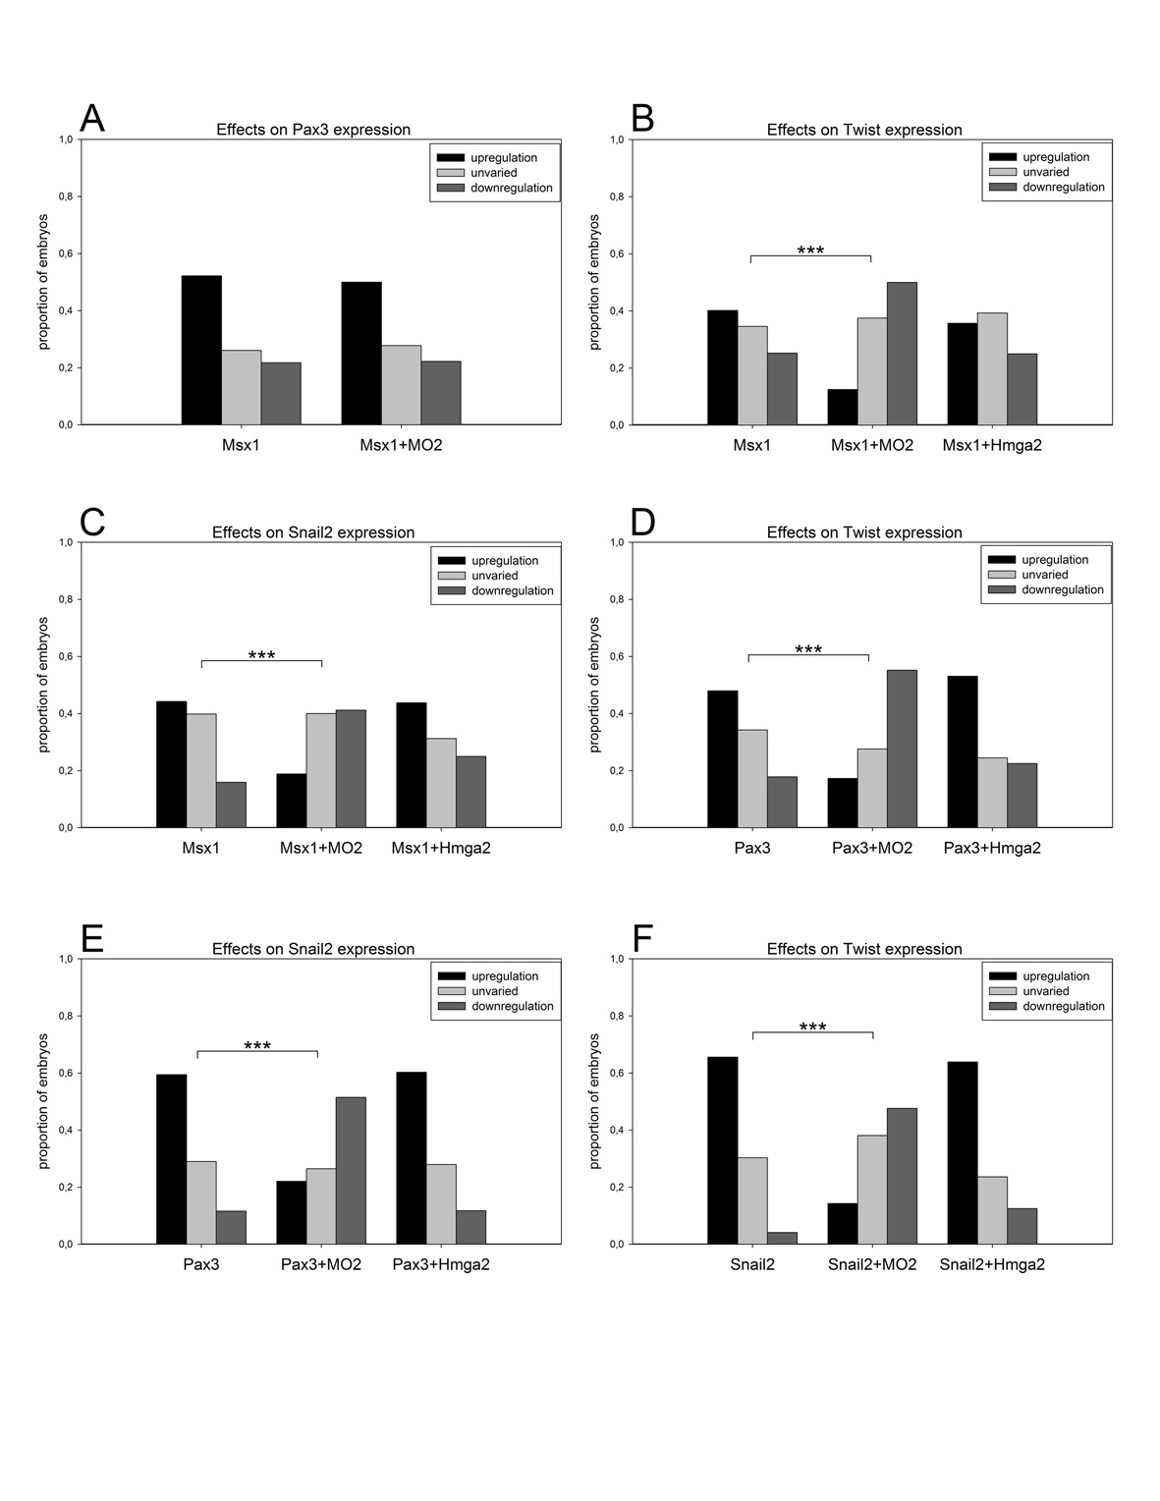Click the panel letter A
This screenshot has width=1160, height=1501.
click(x=92, y=118)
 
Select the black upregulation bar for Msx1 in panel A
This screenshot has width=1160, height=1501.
click(x=201, y=351)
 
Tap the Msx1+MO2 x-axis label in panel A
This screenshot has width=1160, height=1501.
click(x=401, y=445)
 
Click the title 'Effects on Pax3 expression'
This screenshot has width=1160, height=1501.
click(x=313, y=130)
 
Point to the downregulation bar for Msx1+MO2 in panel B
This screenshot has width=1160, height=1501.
click(x=902, y=354)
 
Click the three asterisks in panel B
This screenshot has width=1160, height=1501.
click(x=810, y=250)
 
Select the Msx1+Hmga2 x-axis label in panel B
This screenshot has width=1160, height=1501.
click(x=992, y=445)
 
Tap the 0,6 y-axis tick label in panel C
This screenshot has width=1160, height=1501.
click(x=65, y=656)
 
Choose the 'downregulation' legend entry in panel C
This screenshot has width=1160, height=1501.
click(x=512, y=590)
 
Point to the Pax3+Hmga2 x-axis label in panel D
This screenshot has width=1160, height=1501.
click(x=992, y=848)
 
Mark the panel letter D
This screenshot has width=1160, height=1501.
click(x=642, y=522)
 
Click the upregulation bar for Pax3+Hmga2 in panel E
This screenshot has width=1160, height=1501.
click(x=411, y=1158)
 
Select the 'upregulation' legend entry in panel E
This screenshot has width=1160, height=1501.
click(x=505, y=976)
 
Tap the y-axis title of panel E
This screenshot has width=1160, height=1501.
click(x=43, y=1101)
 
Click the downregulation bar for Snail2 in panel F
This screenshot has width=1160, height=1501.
click(x=782, y=1238)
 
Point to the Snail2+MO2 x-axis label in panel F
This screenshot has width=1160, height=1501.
click(x=872, y=1264)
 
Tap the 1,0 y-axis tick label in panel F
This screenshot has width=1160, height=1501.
click(x=616, y=959)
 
